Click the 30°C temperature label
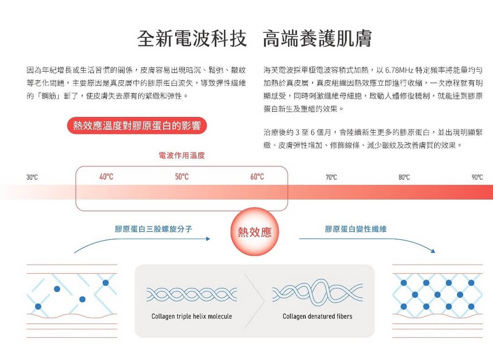coord(32,177)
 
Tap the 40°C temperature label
coord(106,177)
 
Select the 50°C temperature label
coord(182,177)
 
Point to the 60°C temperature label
coord(257,177)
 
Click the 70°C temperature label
coord(331,177)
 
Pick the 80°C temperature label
coord(404,177)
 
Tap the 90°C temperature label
coord(477,177)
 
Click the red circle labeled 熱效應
coord(255,232)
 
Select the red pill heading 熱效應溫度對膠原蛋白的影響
coord(137,125)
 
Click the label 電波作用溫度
coord(182,155)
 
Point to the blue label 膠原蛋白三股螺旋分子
coord(153,229)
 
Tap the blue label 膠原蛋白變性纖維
coord(356,229)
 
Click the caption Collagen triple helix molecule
coord(192,316)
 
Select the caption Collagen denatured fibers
coord(317,316)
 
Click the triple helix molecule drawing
coord(191,294)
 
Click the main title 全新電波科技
coord(192,38)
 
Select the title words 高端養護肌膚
coord(317,38)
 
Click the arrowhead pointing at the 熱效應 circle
coord(208,239)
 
